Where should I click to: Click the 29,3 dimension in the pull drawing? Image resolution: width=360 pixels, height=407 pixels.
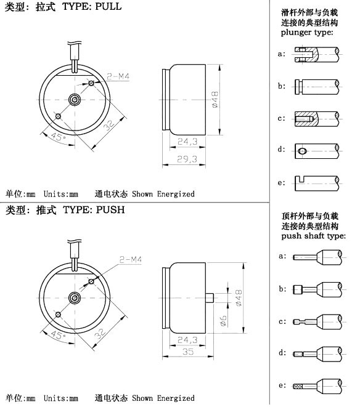187,159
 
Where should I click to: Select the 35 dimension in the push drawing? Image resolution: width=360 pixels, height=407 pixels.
187,352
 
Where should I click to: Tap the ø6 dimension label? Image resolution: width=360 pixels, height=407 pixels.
223,321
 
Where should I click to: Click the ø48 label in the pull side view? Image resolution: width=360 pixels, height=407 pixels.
215,100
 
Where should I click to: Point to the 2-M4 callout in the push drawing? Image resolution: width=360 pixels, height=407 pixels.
131,259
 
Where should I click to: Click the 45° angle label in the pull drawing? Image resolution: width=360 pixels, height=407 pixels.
58,137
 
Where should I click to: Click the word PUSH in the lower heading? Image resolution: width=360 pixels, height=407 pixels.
110,209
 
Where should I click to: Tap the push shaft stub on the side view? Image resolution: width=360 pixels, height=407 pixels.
210,298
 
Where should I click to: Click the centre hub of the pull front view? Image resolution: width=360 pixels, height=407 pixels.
75,100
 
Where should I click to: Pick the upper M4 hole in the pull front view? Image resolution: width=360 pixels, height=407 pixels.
91,83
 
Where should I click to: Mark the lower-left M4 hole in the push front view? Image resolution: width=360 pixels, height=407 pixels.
58,315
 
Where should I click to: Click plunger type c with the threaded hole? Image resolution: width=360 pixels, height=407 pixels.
317,119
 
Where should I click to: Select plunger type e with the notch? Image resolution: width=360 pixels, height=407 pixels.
317,183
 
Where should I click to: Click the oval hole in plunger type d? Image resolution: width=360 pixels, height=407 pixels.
302,151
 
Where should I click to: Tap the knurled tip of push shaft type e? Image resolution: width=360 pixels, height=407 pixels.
298,386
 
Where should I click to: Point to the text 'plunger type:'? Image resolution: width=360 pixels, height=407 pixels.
307,32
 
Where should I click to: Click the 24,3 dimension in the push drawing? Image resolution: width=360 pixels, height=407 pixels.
187,340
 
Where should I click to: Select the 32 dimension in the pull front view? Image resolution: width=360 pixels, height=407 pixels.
109,124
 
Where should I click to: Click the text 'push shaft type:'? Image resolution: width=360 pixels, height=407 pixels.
314,236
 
